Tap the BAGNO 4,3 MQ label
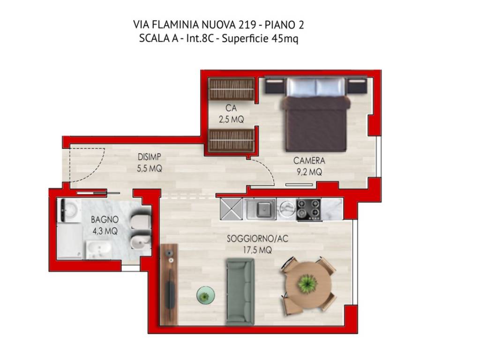[x=105, y=225]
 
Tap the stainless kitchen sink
[x=260, y=209]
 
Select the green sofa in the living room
[x=240, y=291]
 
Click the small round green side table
[x=205, y=295]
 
